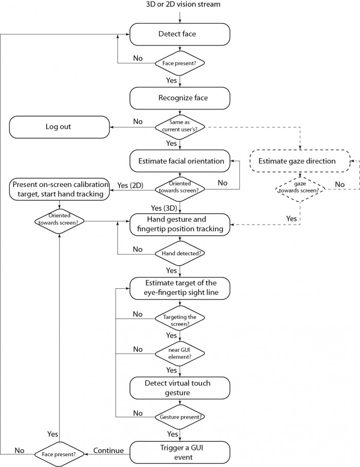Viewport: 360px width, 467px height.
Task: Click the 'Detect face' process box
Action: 180,34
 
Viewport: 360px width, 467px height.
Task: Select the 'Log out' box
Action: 60,127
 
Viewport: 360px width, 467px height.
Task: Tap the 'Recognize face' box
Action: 180,98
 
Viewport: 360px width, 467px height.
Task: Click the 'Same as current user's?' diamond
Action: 180,127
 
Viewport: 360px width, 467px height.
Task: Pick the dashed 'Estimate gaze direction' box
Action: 300,161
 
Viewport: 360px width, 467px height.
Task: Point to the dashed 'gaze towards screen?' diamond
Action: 300,189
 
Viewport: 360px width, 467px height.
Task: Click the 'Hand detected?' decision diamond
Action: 180,253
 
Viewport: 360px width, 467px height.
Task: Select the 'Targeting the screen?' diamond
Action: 180,318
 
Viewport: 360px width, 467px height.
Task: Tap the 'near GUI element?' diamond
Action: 180,353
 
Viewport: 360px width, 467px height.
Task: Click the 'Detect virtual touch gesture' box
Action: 180,388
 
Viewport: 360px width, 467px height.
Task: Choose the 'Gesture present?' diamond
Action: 180,417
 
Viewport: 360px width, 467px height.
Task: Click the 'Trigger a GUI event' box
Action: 180,453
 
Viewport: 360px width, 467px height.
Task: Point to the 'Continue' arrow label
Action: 109,451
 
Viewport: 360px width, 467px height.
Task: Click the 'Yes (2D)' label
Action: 130,185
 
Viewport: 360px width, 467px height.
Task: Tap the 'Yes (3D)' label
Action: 164,208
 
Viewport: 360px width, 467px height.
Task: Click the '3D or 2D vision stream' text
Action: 183,5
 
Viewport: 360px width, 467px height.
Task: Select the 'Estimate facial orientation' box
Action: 180,161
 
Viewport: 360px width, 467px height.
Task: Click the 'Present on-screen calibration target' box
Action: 60,190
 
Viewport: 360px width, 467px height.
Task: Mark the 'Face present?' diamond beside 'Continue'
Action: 59,454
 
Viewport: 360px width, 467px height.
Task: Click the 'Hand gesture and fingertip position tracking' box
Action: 180,225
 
